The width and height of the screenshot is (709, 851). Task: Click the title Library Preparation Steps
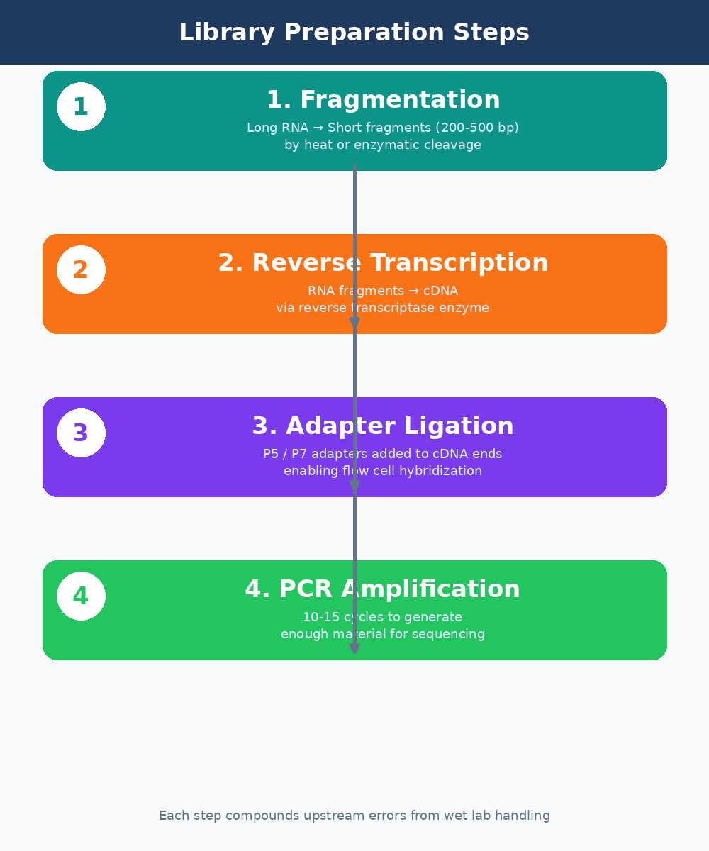pos(354,33)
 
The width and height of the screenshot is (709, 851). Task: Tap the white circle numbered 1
pos(81,107)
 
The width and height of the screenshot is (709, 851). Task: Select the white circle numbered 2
pos(81,270)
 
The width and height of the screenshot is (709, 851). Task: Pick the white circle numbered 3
pos(81,433)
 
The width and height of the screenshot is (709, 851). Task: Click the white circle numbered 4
pos(81,596)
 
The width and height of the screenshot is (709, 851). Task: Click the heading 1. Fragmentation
pos(383,100)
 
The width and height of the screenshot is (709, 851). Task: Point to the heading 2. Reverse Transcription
pos(383,263)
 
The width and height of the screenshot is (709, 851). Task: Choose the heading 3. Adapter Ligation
pos(383,426)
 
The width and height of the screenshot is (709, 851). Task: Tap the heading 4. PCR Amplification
pos(383,589)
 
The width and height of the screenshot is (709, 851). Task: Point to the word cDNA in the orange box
pos(440,291)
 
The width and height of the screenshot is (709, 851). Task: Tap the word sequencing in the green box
pos(450,634)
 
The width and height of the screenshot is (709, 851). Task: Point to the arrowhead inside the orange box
pos(354,324)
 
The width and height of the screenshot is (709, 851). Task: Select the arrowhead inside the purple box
pos(354,487)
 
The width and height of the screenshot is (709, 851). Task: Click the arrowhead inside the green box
pos(354,648)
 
